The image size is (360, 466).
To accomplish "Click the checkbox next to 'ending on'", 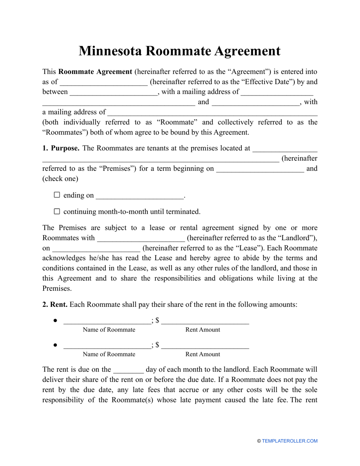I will pos(57,195).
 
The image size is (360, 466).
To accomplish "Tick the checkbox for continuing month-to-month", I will pos(57,211).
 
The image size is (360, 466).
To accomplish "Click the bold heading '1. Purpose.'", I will pos(61,148).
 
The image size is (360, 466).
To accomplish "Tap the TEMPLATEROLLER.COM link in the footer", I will pos(290,441).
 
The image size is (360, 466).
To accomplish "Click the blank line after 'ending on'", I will pos(139,196).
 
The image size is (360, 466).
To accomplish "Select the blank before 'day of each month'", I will pos(128,370).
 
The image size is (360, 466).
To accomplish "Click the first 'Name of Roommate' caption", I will pos(109,330).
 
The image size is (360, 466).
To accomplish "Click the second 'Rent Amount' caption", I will pos(202,354).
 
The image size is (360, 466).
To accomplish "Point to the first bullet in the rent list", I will pos(55,321).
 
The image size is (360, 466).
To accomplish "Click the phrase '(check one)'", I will pos(60,178).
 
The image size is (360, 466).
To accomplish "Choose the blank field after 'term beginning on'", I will pos(260,169).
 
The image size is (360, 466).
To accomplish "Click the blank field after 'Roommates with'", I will pos(141,238).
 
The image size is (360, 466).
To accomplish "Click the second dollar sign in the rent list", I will pos(157,345).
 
